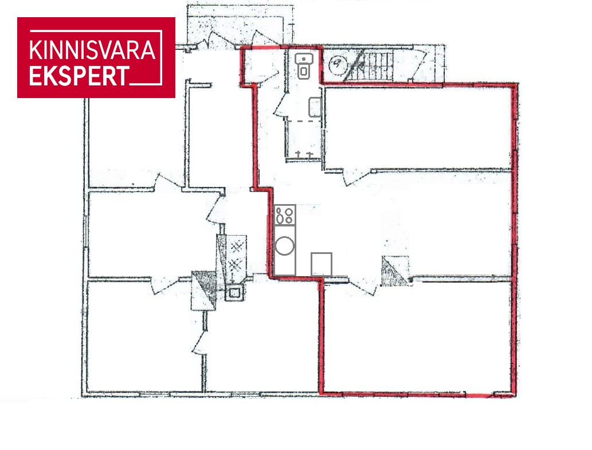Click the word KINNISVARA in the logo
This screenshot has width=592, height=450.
[92, 50]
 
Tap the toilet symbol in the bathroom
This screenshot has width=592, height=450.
[304, 66]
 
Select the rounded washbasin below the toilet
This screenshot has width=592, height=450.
[315, 107]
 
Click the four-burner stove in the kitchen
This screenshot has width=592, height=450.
[285, 215]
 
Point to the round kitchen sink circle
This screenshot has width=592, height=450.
[285, 246]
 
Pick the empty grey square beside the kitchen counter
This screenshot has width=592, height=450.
[322, 264]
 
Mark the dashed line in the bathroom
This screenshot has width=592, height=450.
[304, 121]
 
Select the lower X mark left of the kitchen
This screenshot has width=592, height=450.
[236, 265]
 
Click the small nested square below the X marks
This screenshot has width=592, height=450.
[234, 292]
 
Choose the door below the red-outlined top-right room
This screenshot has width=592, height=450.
[355, 178]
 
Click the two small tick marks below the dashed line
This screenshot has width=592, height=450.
[304, 154]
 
